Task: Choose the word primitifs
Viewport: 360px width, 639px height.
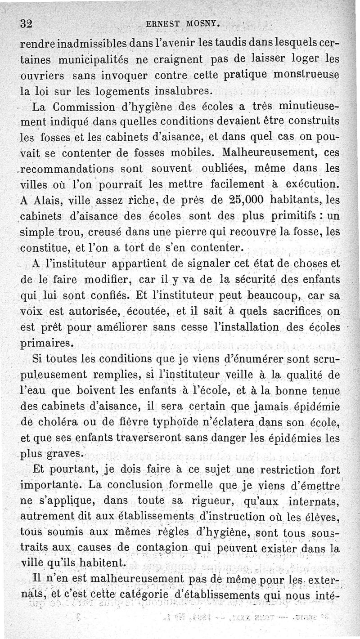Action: (295, 216)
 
